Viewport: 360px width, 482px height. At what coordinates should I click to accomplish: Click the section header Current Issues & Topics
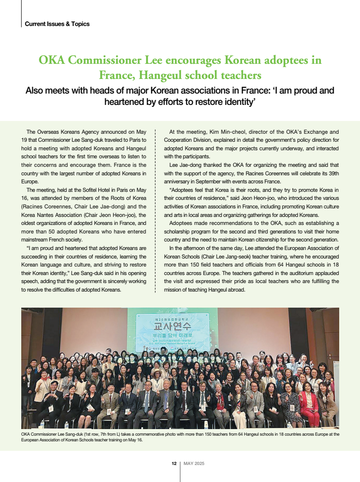[x=57, y=24]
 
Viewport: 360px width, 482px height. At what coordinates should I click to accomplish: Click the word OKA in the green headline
[x=51, y=60]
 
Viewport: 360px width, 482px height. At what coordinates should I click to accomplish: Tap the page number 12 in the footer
[x=174, y=464]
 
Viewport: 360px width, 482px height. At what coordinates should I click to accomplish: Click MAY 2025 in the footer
[x=194, y=464]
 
